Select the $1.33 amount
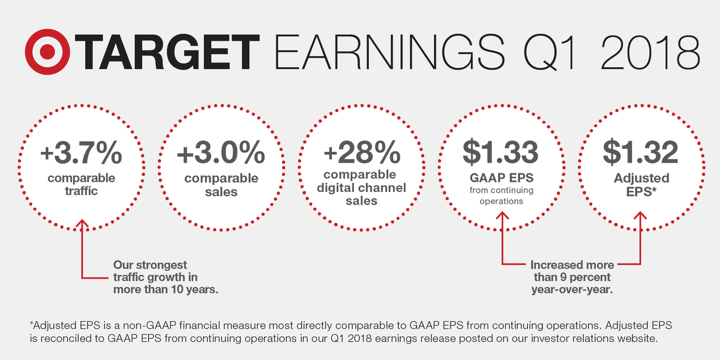point(501,154)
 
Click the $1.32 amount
point(640,154)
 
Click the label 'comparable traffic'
point(81,185)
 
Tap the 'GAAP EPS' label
point(501,178)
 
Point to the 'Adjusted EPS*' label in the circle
point(640,185)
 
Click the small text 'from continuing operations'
point(501,197)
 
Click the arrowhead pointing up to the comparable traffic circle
point(82,224)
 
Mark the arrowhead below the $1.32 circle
point(641,215)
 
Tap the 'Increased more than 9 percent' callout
point(571,277)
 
